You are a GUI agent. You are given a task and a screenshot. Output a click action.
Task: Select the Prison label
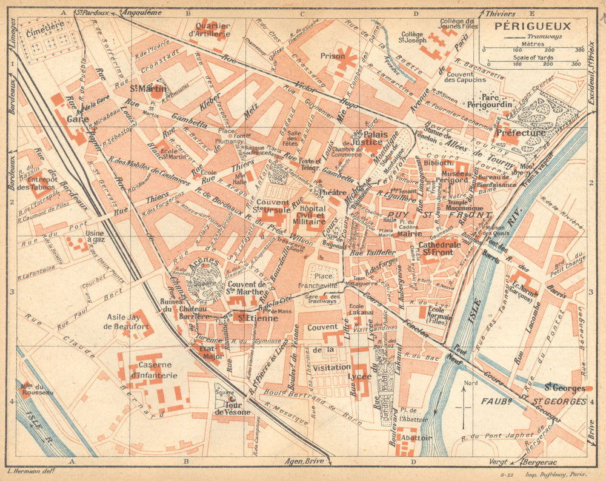click(x=333, y=56)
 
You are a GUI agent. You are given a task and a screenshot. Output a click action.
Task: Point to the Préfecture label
click(x=520, y=133)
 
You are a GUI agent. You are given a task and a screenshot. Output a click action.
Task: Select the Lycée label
click(x=359, y=376)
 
